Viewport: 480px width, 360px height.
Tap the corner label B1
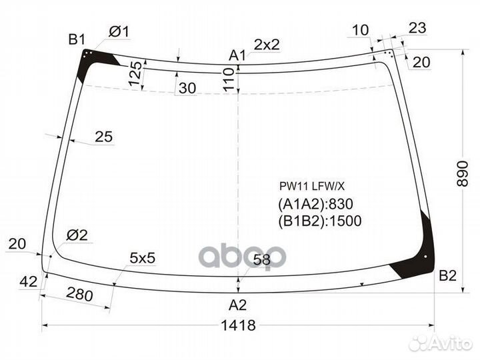point(77,38)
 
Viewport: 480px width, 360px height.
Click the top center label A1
point(238,55)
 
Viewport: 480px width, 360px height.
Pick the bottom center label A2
point(238,305)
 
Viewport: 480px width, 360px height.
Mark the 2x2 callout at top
point(266,45)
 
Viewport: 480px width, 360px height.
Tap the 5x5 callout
point(143,257)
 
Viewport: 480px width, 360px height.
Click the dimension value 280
point(79,293)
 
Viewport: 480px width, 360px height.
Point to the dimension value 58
point(262,261)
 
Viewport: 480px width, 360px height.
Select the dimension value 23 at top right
point(417,28)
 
